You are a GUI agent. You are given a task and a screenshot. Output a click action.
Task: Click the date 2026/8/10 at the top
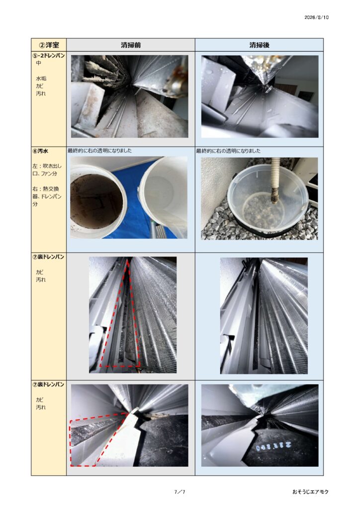316,17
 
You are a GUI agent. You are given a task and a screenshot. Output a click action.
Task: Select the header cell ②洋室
49,45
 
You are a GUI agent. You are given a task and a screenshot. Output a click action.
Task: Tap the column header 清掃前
130,45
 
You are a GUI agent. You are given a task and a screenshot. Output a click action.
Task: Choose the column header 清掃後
259,45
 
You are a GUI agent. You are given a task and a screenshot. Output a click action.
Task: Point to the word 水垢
41,78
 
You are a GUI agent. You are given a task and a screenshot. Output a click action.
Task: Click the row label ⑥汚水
40,151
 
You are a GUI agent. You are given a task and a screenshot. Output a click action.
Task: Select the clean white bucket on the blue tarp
164,195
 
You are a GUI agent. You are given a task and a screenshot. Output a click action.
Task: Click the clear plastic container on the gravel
268,202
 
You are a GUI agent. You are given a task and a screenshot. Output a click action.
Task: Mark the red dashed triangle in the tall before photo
120,314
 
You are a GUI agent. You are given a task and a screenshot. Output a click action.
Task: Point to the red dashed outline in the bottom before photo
97,439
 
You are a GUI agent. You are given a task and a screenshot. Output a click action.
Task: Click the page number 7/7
180,492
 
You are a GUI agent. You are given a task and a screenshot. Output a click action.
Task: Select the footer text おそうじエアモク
310,492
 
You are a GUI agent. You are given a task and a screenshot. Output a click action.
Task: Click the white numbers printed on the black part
273,447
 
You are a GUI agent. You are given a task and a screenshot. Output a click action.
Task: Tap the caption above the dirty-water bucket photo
99,151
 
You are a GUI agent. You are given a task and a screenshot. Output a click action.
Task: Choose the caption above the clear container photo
228,151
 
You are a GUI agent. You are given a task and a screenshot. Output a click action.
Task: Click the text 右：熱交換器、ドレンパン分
47,196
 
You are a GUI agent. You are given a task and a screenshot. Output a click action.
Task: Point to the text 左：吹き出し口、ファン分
47,170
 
